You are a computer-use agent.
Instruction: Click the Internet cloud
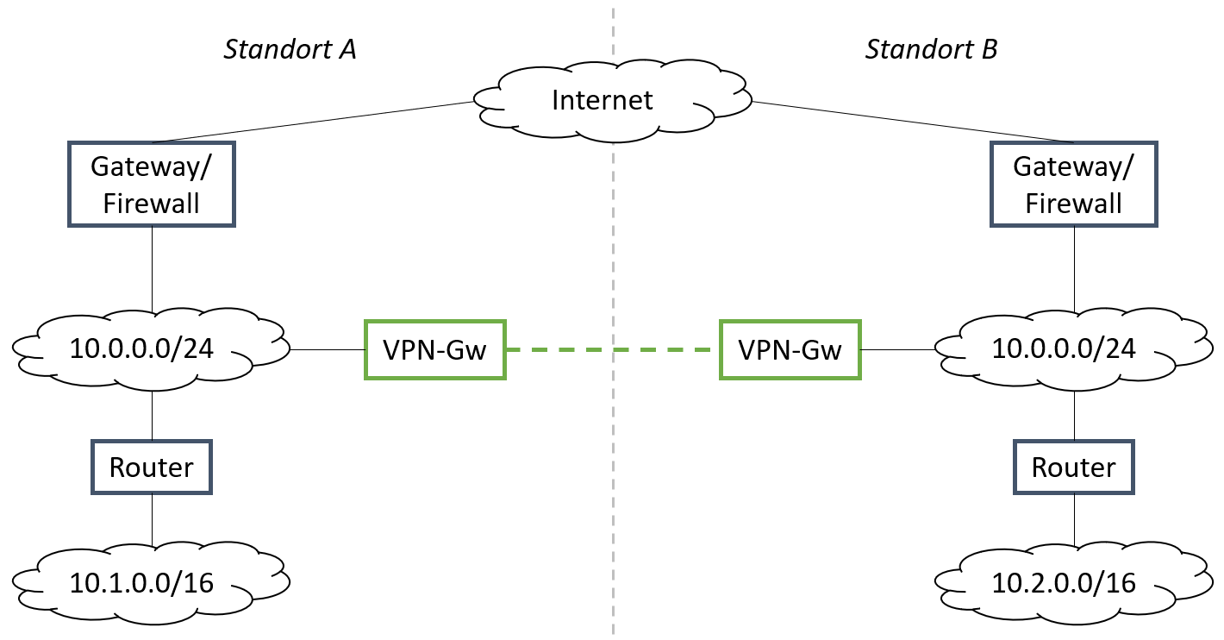pos(603,100)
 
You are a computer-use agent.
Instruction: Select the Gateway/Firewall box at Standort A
pos(152,185)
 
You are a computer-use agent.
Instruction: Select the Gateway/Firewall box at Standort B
pos(1073,185)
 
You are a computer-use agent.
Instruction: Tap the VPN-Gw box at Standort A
pos(434,349)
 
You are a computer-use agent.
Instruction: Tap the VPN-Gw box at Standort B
pos(790,349)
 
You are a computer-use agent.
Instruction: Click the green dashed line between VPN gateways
pos(612,349)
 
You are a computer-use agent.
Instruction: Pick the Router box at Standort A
pos(152,467)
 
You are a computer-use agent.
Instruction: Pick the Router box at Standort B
pos(1073,467)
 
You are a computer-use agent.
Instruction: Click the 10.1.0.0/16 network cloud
pos(152,582)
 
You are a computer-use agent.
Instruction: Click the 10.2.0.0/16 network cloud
pos(1073,582)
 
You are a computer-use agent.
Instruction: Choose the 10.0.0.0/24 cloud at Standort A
pos(152,348)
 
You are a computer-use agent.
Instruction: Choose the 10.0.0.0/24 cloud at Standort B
pos(1073,348)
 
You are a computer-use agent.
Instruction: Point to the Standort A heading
pos(290,49)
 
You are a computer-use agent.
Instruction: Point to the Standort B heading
pos(931,49)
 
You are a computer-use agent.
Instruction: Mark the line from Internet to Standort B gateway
pos(914,122)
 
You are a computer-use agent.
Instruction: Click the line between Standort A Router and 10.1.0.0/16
pos(152,519)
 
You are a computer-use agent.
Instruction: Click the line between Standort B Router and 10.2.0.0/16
pos(1074,519)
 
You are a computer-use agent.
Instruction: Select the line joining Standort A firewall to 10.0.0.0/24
pos(152,267)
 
